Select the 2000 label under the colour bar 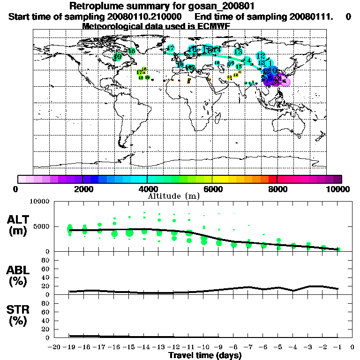point(82,189)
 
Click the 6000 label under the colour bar point(212,189)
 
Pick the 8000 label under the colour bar point(277,189)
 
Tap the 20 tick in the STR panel point(45,329)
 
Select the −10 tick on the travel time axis point(204,347)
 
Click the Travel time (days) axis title point(204,355)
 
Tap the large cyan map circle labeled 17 point(171,49)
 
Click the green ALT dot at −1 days point(338,249)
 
